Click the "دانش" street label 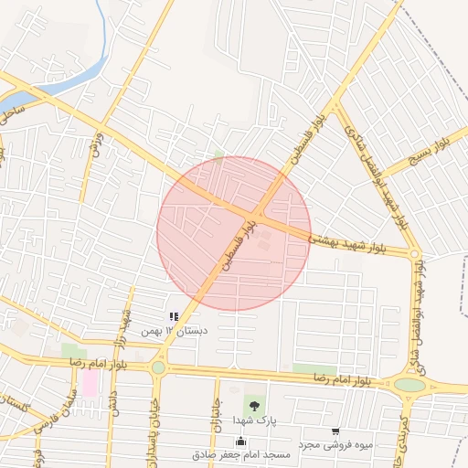[114, 403]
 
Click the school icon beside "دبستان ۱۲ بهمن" [174, 317]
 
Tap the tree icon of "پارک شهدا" [253, 405]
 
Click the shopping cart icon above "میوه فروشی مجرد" [335, 431]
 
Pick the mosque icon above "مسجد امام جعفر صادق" [241, 441]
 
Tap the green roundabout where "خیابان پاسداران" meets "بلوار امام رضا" [158, 367]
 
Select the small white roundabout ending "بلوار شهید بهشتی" [414, 254]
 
